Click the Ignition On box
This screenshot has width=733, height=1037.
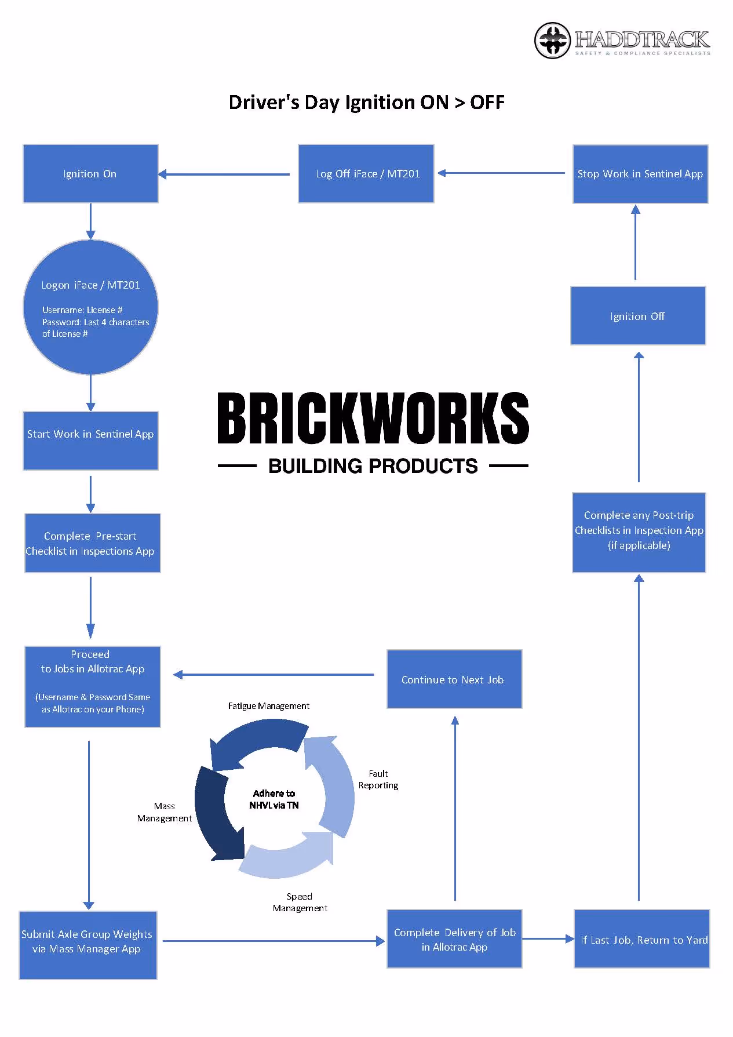pyautogui.click(x=90, y=174)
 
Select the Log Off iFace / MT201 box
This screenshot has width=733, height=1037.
pyautogui.click(x=366, y=174)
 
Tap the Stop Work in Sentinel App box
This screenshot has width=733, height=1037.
pyautogui.click(x=640, y=174)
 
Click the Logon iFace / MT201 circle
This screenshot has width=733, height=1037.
pyautogui.click(x=90, y=307)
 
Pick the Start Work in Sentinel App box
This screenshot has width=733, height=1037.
pyautogui.click(x=90, y=441)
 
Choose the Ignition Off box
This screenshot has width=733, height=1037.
pyautogui.click(x=638, y=316)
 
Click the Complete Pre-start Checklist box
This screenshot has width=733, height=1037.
pyautogui.click(x=92, y=543)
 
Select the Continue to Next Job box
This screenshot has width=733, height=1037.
pyautogui.click(x=454, y=679)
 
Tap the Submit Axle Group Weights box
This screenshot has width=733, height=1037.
pyautogui.click(x=87, y=945)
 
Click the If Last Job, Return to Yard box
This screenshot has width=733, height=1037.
pyautogui.click(x=642, y=939)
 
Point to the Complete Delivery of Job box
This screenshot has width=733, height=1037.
pyautogui.click(x=454, y=939)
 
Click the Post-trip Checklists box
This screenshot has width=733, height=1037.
pyautogui.click(x=639, y=533)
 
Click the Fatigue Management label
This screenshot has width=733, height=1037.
pyautogui.click(x=268, y=706)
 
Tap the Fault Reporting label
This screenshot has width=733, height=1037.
pyautogui.click(x=378, y=780)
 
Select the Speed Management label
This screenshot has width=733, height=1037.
pyautogui.click(x=300, y=903)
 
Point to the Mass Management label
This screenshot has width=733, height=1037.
pyautogui.click(x=165, y=812)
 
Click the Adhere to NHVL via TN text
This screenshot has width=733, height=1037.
pyautogui.click(x=274, y=799)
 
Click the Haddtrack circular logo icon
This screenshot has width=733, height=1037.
pyautogui.click(x=552, y=41)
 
